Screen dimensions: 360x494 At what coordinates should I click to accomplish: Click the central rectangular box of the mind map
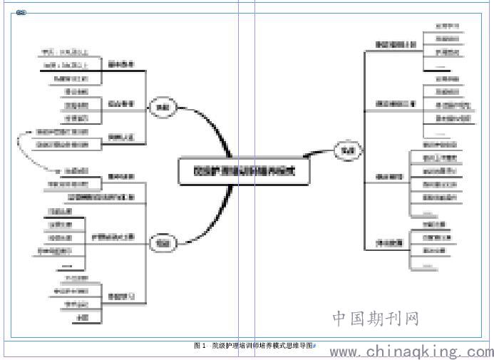(x=243, y=171)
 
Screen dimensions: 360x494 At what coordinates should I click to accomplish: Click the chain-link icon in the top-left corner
(x=21, y=13)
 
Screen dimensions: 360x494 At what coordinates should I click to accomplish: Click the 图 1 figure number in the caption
(x=200, y=346)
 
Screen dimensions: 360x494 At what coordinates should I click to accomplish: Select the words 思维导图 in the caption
(x=299, y=346)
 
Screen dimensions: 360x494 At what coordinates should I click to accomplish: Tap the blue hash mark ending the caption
(x=314, y=346)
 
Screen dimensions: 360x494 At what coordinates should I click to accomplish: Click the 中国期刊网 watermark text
(x=375, y=318)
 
